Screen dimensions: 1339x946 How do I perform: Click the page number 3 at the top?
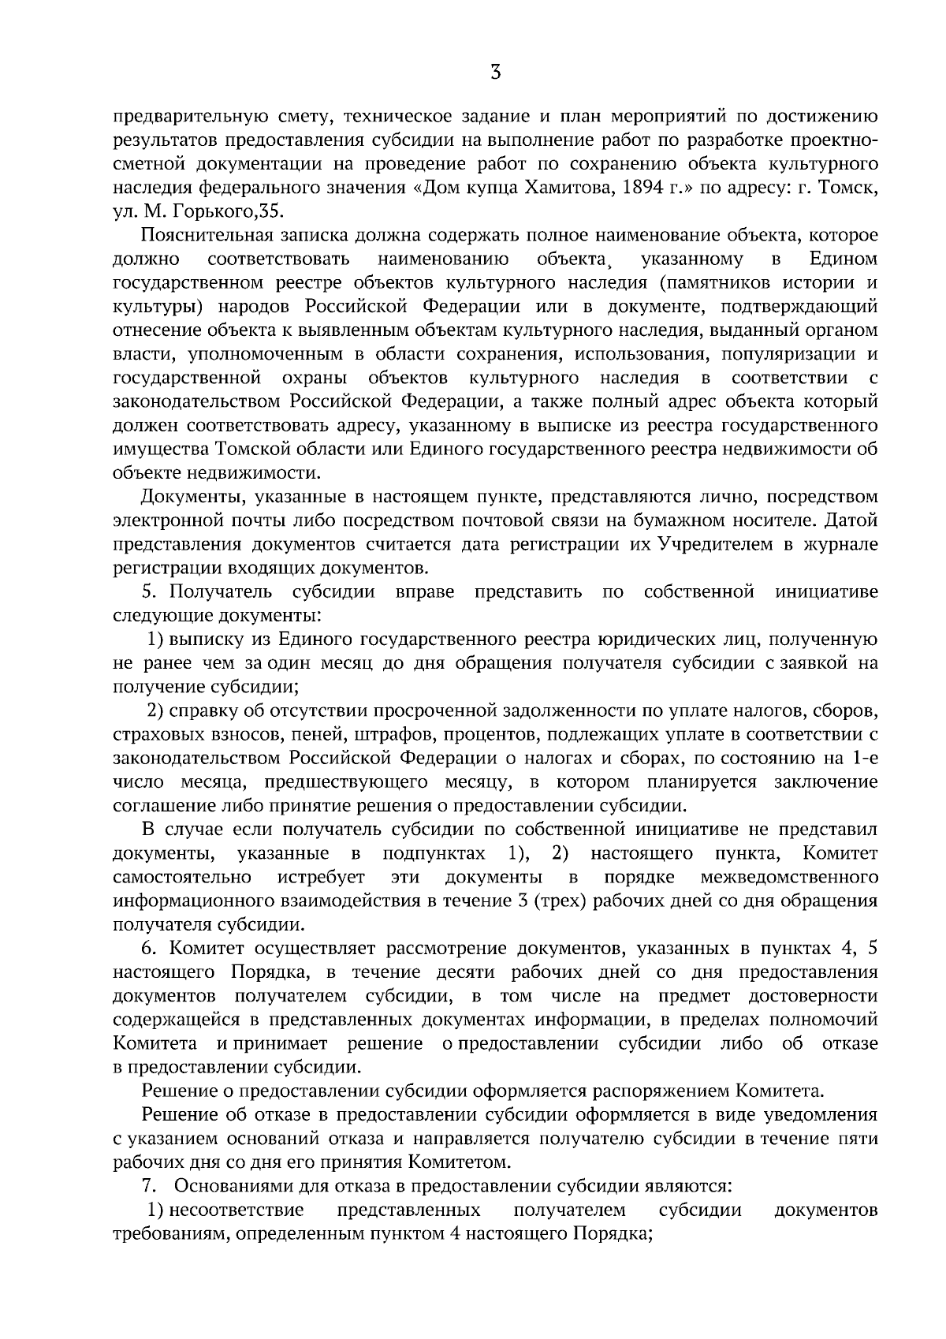(495, 73)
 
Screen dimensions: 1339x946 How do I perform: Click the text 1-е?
(863, 758)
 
